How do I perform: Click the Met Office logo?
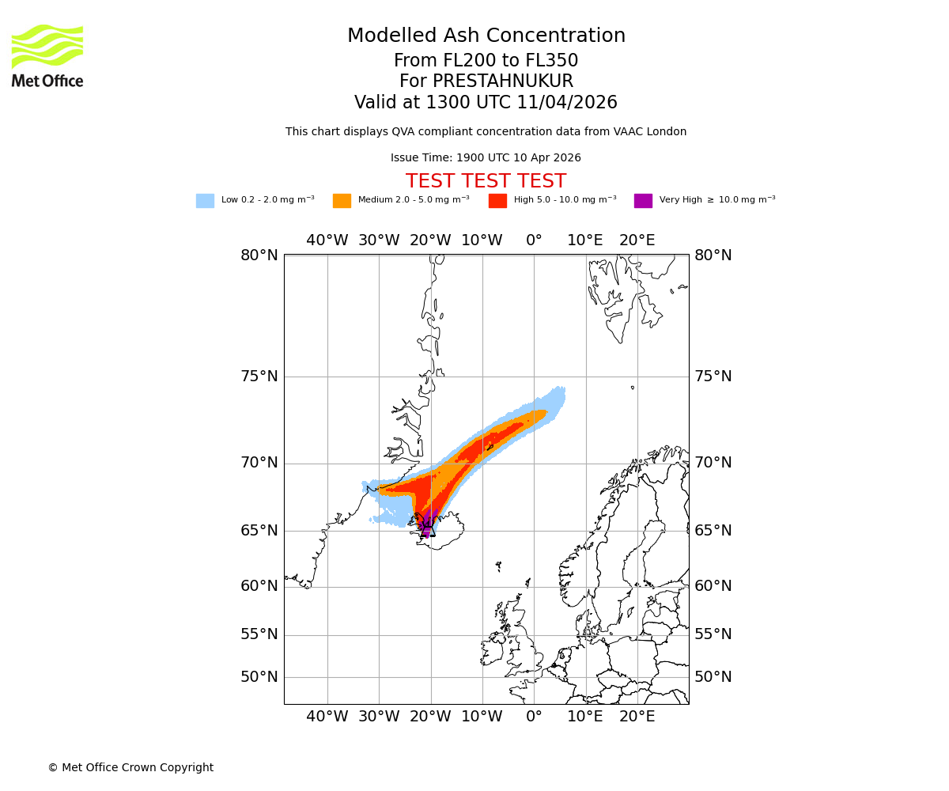point(47,55)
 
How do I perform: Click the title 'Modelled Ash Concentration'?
point(486,36)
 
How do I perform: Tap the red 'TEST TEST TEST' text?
point(486,181)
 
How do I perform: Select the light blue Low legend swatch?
point(205,201)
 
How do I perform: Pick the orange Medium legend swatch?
point(342,201)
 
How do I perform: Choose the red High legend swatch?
point(497,201)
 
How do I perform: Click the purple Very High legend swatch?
point(643,201)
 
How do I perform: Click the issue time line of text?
point(486,158)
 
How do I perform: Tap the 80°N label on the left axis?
point(259,255)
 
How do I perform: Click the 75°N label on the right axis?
point(713,377)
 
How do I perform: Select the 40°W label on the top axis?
point(327,240)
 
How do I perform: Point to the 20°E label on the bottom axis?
point(637,717)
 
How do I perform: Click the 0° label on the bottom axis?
point(534,717)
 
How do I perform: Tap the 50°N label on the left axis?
point(259,677)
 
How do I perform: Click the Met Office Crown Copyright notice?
point(130,767)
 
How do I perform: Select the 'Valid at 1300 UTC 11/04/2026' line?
point(486,103)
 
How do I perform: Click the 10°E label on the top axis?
point(585,240)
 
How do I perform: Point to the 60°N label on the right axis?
point(713,586)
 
